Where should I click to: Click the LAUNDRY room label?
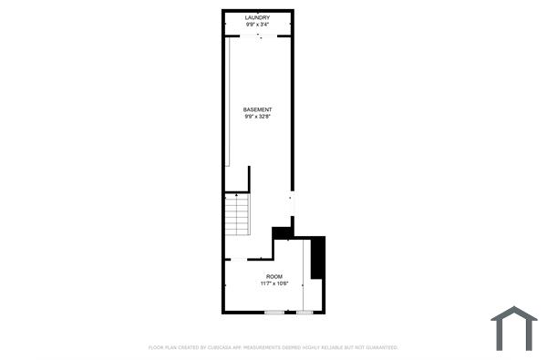[258, 16]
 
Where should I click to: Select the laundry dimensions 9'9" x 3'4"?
[258, 24]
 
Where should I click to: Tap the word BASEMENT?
[258, 109]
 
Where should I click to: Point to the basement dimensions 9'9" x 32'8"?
[258, 117]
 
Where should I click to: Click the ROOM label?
[273, 276]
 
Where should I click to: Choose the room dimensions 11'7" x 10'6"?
[273, 283]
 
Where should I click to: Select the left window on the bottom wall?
[273, 313]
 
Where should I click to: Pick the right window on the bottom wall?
[304, 313]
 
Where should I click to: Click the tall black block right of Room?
[317, 258]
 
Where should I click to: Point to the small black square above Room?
[282, 232]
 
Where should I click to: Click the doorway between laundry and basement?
[259, 36]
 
